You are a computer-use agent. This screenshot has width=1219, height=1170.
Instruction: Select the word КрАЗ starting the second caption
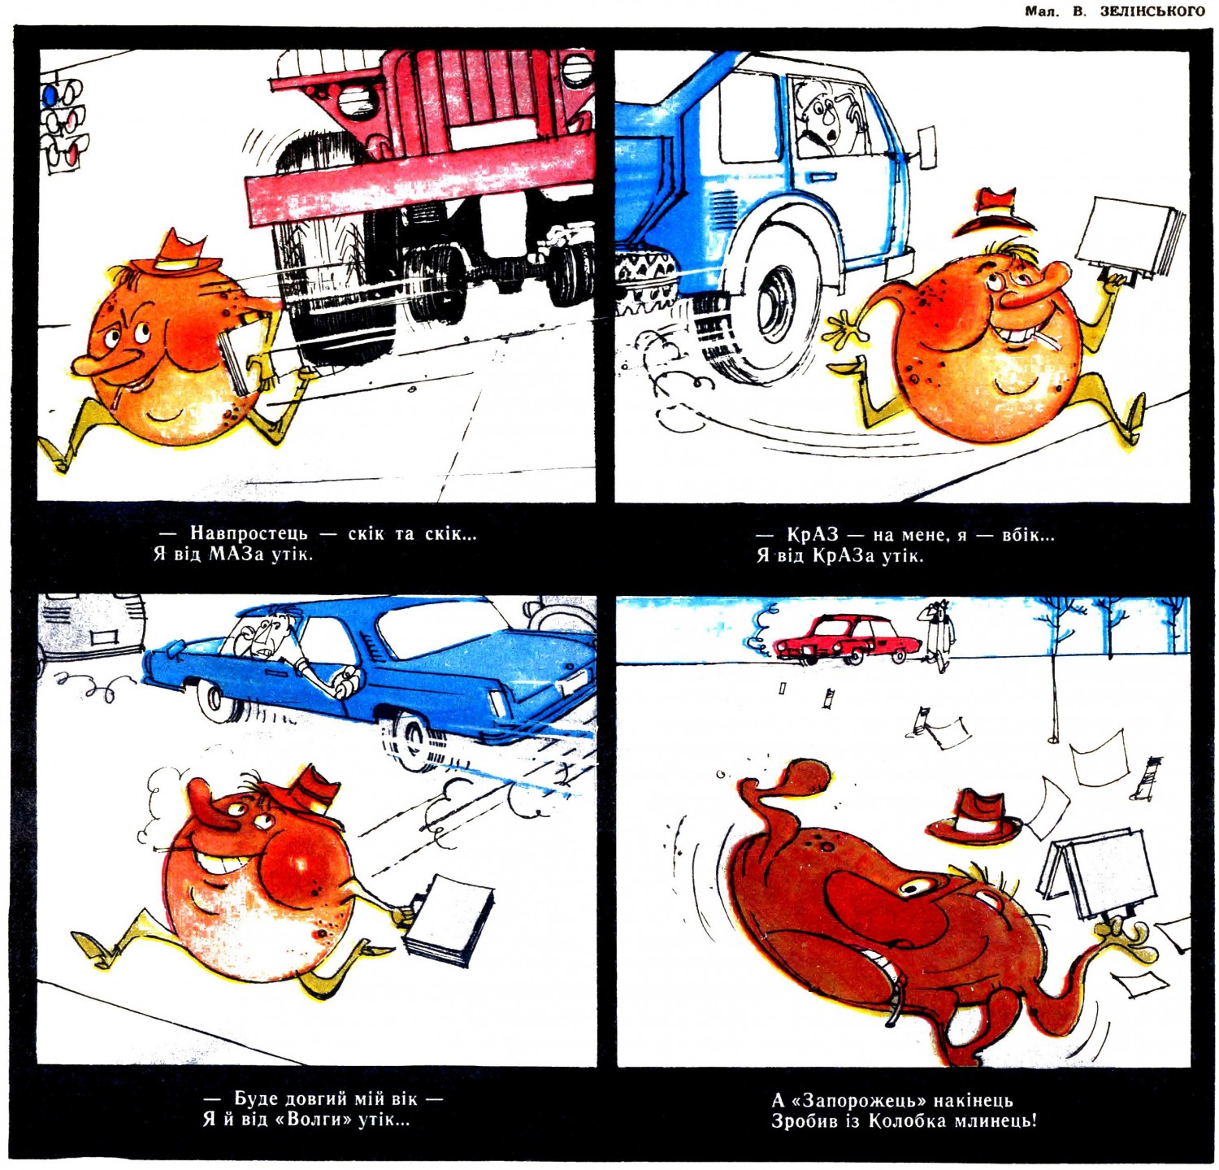click(x=812, y=535)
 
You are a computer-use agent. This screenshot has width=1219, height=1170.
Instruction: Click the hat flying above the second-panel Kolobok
click(x=993, y=212)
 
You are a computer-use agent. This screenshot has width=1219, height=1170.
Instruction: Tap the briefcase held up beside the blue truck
click(x=1127, y=237)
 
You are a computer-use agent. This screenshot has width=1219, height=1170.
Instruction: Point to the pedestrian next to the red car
click(x=940, y=636)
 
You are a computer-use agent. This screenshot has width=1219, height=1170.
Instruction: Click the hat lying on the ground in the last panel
click(x=974, y=817)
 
